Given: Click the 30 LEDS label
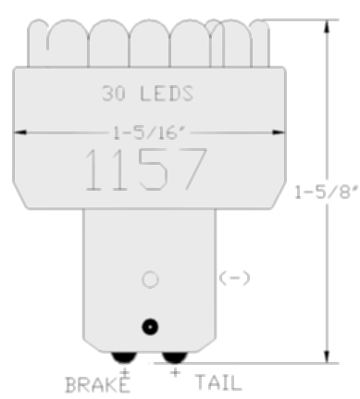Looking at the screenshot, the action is click(x=148, y=94).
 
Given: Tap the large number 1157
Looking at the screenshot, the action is click(x=145, y=169).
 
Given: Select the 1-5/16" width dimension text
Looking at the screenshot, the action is click(x=149, y=133).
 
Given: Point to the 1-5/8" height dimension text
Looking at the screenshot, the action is click(x=327, y=192).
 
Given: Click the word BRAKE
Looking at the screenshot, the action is click(x=97, y=385).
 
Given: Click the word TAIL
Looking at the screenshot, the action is click(x=218, y=382).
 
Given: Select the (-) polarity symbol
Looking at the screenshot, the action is click(x=234, y=278).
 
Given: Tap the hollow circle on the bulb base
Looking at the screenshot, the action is click(x=150, y=280).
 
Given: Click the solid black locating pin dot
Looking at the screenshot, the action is click(x=150, y=327).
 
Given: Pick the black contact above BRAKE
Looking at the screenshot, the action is click(x=124, y=357).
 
